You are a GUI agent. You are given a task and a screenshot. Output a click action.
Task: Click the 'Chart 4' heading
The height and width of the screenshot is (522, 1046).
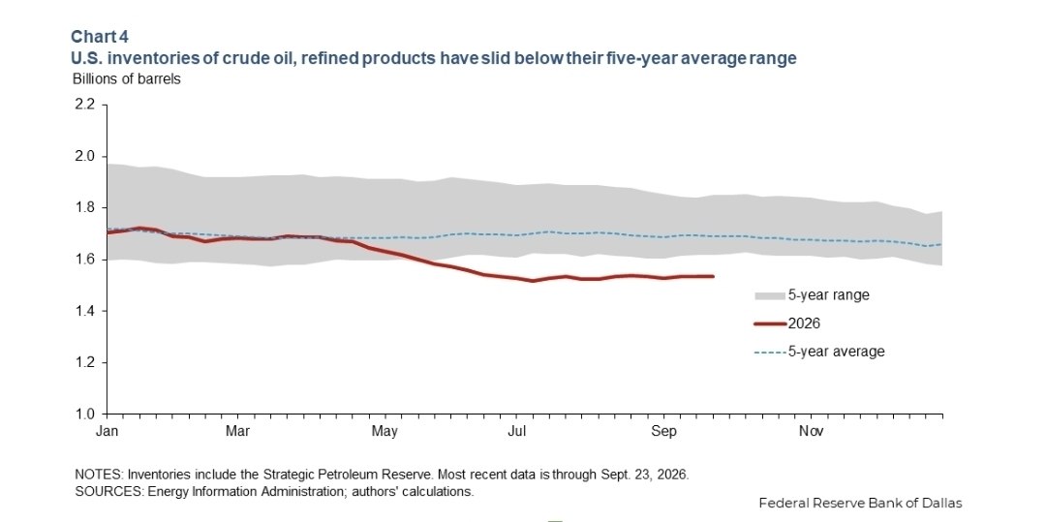[100, 36]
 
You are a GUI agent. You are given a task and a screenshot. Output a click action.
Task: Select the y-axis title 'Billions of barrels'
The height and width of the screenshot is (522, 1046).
[127, 78]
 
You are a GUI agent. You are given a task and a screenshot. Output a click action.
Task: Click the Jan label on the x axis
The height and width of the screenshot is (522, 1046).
[107, 431]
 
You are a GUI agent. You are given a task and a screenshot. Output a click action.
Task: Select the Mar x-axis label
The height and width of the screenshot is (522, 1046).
[237, 431]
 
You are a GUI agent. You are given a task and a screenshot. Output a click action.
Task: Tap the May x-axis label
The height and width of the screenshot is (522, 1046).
[384, 431]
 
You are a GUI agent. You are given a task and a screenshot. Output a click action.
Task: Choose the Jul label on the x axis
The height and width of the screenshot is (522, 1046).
[516, 431]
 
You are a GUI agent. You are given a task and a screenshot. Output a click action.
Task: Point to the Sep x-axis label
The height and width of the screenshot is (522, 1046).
[663, 431]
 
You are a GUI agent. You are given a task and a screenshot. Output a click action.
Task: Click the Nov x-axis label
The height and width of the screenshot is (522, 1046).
[812, 431]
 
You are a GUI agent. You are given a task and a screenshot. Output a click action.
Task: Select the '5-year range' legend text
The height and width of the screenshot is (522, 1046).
[828, 294]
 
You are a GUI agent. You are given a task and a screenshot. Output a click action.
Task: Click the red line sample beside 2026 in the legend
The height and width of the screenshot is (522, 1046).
[771, 323]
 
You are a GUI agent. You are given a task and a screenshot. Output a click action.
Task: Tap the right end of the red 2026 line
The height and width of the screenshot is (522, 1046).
[713, 276]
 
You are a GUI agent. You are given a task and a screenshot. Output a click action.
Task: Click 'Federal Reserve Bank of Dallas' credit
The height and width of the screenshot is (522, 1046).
[861, 503]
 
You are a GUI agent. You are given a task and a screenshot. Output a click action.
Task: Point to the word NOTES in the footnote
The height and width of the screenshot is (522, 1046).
[99, 476]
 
